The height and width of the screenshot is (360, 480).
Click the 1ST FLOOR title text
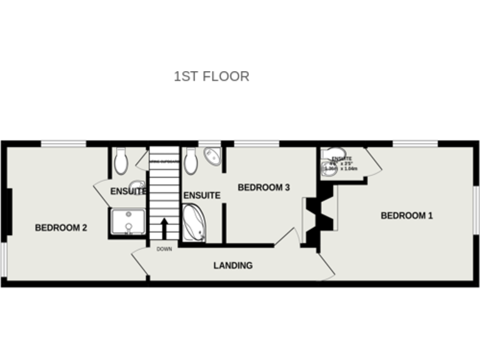(x=211, y=76)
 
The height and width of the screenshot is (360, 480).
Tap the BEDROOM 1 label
(x=407, y=216)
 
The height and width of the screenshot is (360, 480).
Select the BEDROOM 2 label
(x=61, y=228)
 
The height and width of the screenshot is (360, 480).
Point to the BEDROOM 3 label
(x=264, y=187)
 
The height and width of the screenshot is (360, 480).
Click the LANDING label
(x=233, y=266)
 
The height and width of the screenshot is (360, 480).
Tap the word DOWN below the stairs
(x=164, y=249)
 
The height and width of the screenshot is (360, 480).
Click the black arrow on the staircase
(x=164, y=229)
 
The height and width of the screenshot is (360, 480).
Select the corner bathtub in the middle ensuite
(x=194, y=222)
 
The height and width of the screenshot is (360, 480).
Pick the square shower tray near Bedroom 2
(x=128, y=222)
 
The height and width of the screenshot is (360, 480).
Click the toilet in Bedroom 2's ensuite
(x=121, y=161)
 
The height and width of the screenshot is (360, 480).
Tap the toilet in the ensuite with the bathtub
(x=191, y=161)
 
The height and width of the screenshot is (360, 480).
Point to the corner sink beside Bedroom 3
(x=212, y=156)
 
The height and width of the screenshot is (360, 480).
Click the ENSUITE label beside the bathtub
(x=202, y=196)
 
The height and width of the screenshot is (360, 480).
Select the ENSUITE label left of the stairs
(x=128, y=191)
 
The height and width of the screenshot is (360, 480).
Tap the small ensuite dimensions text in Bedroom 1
(x=342, y=164)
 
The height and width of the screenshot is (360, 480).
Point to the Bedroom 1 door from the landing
(x=326, y=266)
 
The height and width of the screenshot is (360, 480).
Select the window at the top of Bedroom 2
(x=63, y=144)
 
